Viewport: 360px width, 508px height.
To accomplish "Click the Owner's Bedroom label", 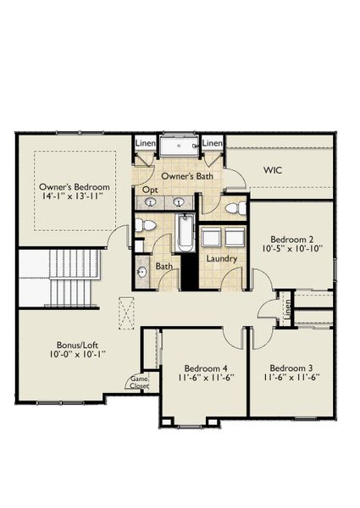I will pyautogui.click(x=75, y=186).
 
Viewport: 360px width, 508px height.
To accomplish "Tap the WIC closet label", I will pyautogui.click(x=273, y=170).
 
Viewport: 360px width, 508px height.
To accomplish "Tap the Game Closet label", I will pyautogui.click(x=137, y=383).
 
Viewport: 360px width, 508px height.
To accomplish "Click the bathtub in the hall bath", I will pyautogui.click(x=186, y=233).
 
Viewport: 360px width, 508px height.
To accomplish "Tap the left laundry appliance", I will pyautogui.click(x=211, y=237).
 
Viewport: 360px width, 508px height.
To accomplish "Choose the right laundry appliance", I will pyautogui.click(x=232, y=237).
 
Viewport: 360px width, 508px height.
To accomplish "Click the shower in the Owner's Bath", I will pyautogui.click(x=179, y=147).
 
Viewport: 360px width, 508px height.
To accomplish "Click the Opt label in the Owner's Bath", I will pyautogui.click(x=150, y=190).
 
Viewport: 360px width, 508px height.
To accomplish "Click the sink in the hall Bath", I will pyautogui.click(x=141, y=272).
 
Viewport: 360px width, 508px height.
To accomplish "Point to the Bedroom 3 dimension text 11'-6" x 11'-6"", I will pyautogui.click(x=291, y=378).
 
